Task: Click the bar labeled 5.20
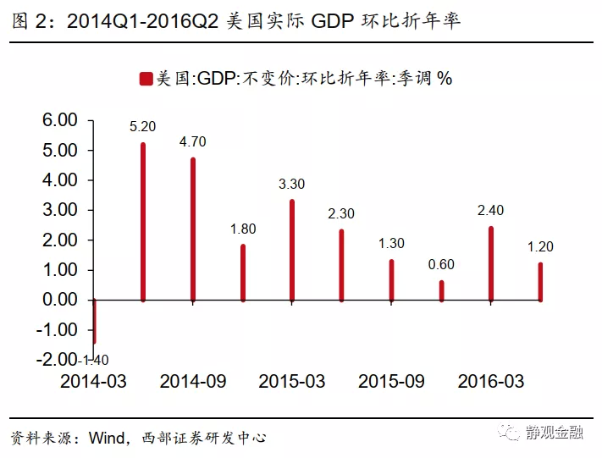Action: point(143,222)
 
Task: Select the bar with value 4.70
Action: point(193,229)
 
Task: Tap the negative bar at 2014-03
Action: point(94,321)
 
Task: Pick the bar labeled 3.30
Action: point(292,250)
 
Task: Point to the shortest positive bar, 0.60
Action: point(441,290)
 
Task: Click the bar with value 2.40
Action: point(491,263)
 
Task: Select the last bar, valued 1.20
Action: point(540,281)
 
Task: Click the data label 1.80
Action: point(243,229)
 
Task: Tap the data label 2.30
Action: point(342,213)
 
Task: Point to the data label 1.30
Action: point(391,244)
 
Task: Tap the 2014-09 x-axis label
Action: point(193,382)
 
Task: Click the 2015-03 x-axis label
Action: point(292,382)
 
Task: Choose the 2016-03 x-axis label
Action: point(491,382)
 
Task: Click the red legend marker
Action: point(146,79)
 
